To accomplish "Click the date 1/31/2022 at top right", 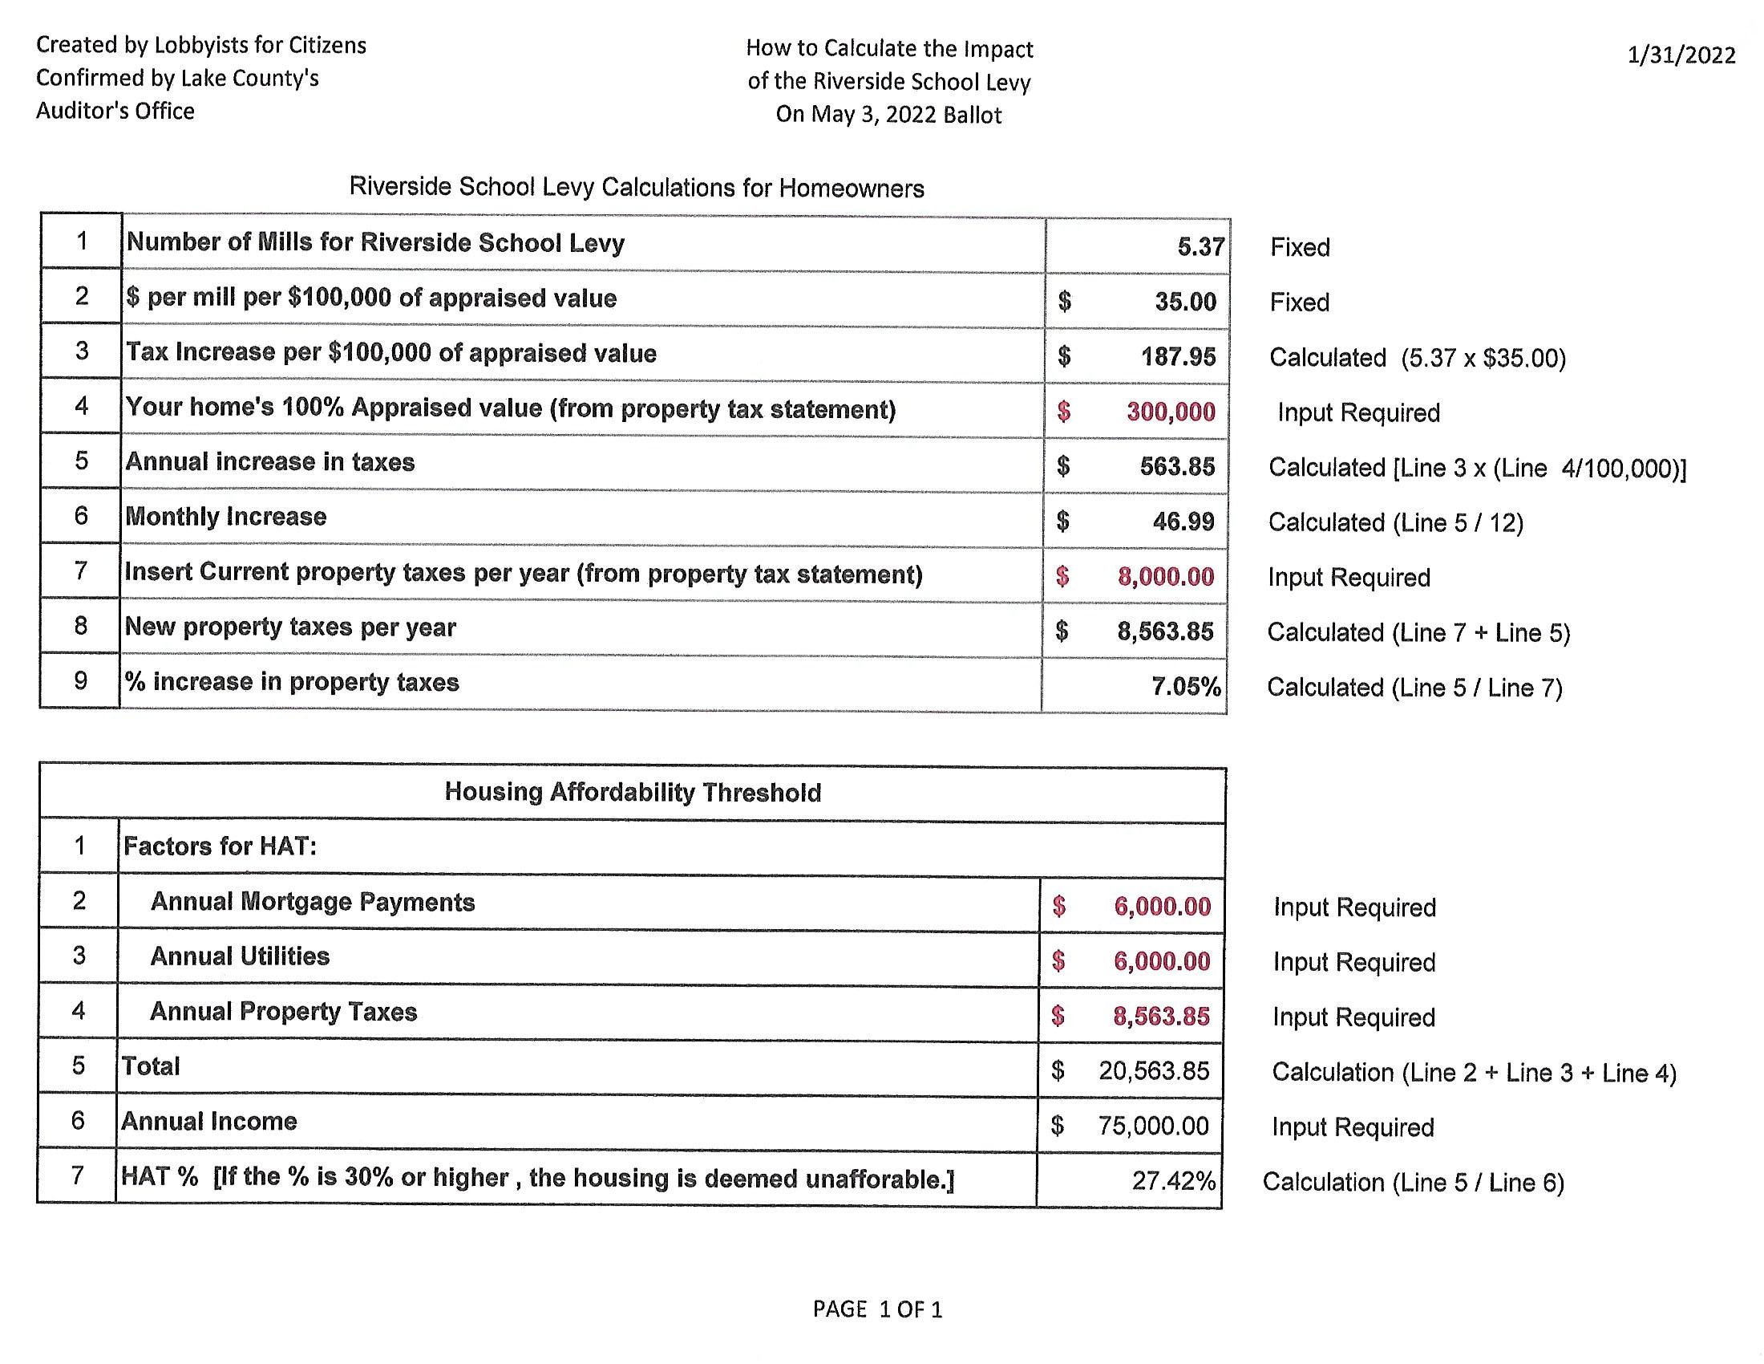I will [x=1681, y=55].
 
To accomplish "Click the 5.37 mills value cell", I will [x=1200, y=246].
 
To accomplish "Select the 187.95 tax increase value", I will [x=1178, y=356].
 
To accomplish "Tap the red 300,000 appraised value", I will [x=1171, y=412].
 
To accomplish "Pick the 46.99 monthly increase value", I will [x=1183, y=522].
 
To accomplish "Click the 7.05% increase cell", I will [x=1186, y=686].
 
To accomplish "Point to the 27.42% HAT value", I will [x=1173, y=1180].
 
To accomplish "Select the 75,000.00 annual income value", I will [x=1152, y=1126].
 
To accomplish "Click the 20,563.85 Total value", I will [x=1153, y=1070].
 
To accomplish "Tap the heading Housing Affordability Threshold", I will [x=633, y=792].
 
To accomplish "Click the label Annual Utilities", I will [x=240, y=956].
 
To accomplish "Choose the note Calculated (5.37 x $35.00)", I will [x=1417, y=357].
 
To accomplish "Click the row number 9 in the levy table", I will [x=80, y=680].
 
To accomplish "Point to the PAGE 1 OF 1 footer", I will [x=877, y=1309].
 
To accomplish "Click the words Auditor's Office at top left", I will [x=115, y=111].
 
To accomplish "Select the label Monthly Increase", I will [x=225, y=517].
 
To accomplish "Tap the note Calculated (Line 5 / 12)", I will [x=1395, y=523].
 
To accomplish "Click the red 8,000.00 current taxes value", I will [x=1166, y=576].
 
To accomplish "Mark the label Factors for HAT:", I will [x=219, y=846].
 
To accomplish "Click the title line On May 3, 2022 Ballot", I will [x=888, y=115].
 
